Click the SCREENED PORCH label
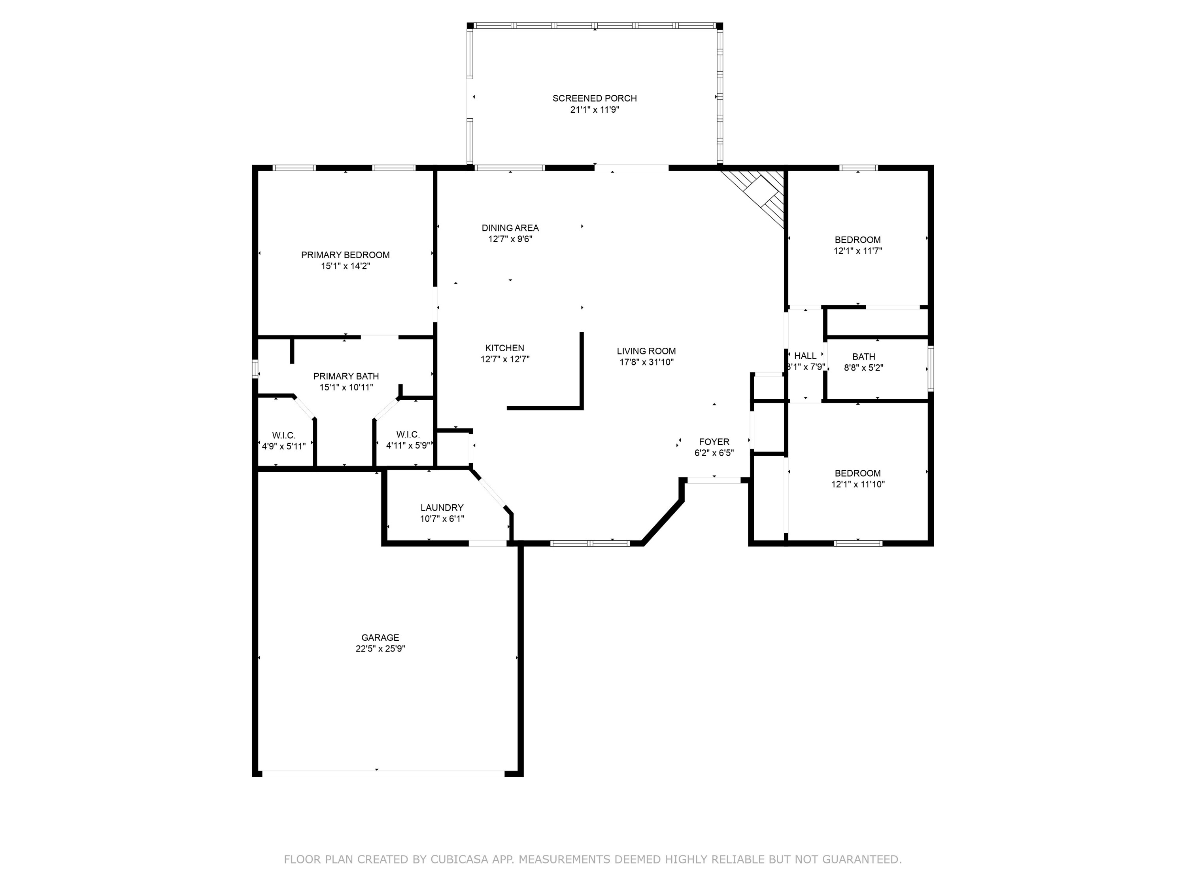(595, 98)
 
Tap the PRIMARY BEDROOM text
(345, 255)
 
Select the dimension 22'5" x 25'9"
(380, 649)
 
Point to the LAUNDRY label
(442, 507)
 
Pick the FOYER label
(714, 441)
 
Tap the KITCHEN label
(504, 348)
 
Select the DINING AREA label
(510, 228)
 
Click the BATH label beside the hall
(864, 357)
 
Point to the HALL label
(805, 356)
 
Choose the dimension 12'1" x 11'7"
(858, 250)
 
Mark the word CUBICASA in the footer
(459, 860)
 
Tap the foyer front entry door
(714, 480)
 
